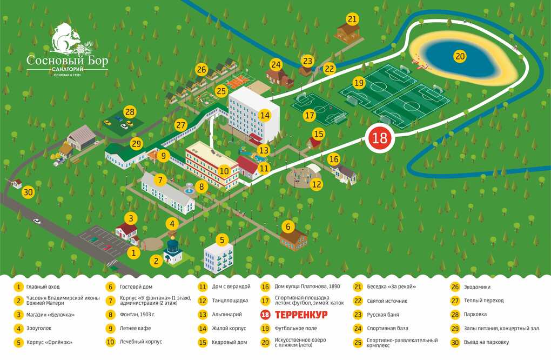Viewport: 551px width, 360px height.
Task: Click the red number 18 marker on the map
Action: pos(380,138)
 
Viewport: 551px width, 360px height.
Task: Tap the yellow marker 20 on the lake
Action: pos(460,56)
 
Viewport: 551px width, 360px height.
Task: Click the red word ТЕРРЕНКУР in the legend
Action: pos(301,315)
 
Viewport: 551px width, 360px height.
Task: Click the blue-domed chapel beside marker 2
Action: pos(173,250)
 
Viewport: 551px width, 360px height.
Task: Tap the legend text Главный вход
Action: pos(43,287)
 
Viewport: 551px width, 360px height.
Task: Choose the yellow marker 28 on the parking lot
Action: pos(130,112)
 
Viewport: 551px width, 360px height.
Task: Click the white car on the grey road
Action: pos(37,221)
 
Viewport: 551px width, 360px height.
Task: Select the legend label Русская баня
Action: pos(382,315)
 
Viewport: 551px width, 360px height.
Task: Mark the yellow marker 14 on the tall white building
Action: pos(265,115)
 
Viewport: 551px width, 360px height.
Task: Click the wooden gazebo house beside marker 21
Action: pos(347,32)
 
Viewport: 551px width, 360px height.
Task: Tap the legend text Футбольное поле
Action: pos(296,328)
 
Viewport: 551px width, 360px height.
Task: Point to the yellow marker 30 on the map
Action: pos(28,192)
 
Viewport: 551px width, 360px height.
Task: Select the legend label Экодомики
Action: pos(477,287)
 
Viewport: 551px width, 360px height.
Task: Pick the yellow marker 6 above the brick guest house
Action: pos(288,227)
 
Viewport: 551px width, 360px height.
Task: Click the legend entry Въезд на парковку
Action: pos(486,342)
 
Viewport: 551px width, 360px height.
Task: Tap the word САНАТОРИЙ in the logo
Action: pos(68,70)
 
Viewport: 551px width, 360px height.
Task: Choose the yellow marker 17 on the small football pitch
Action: pos(310,115)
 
